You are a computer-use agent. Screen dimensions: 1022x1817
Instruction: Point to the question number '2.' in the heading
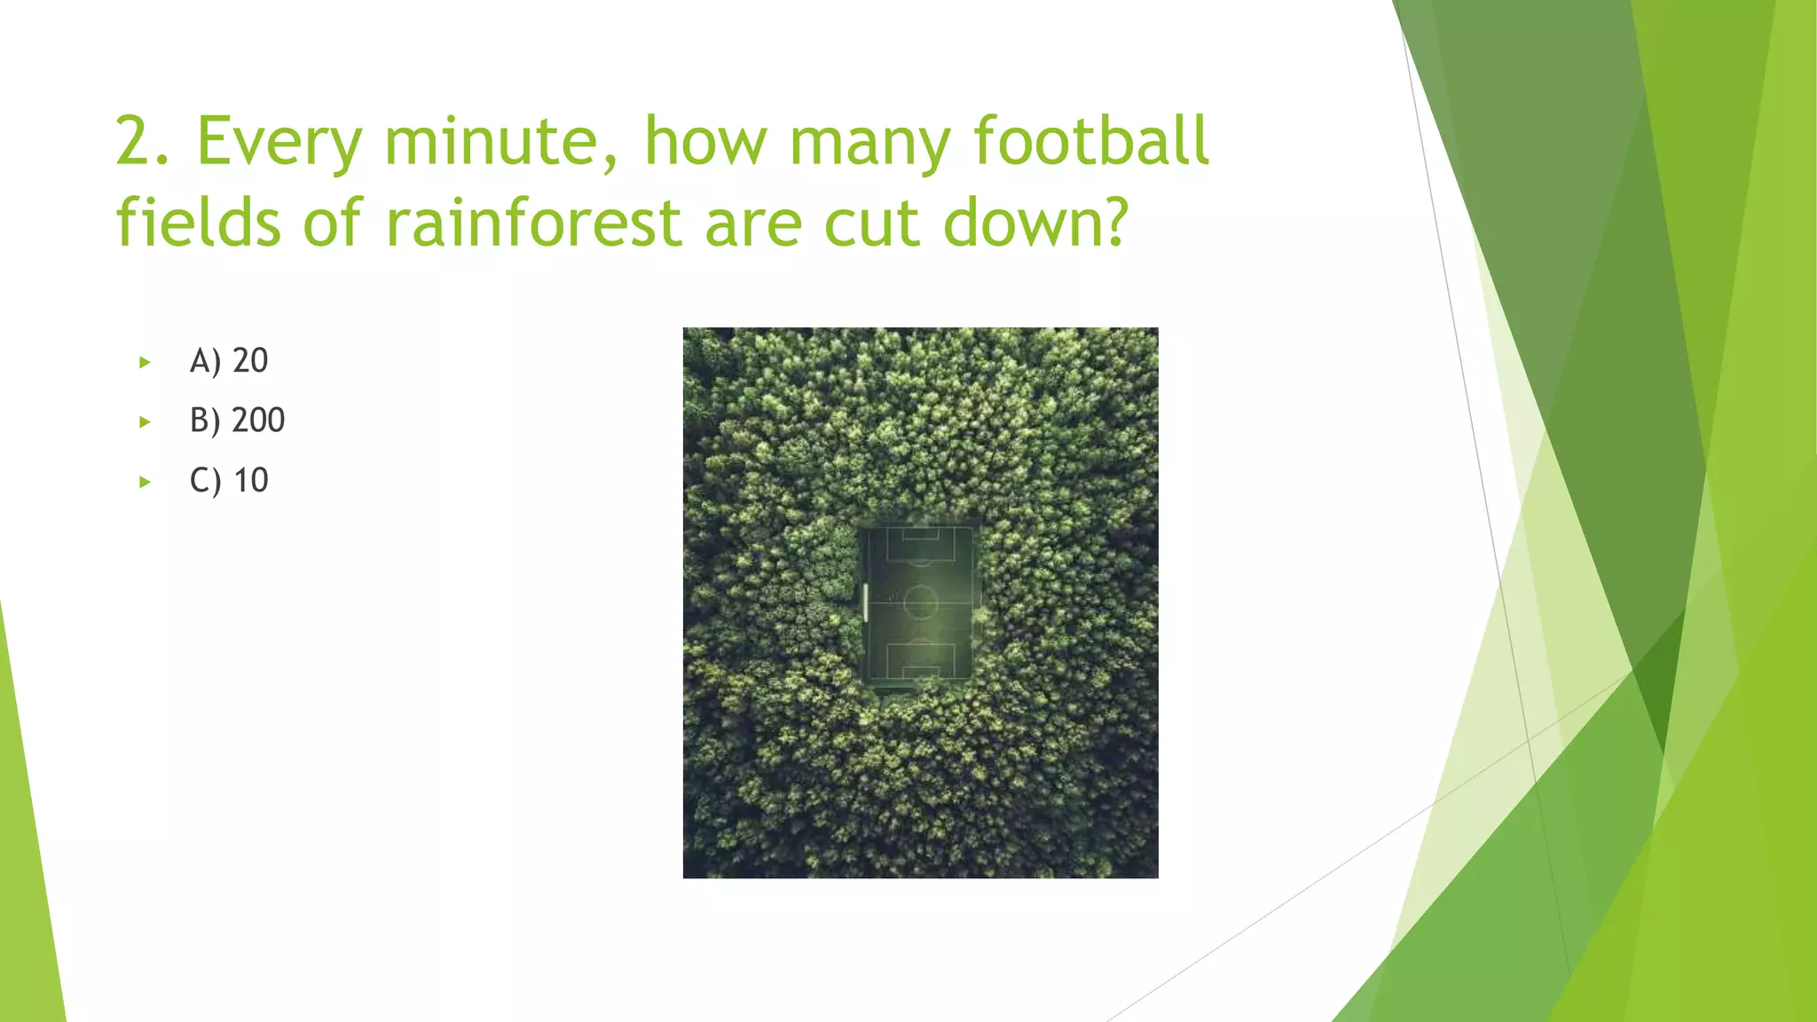click(x=142, y=142)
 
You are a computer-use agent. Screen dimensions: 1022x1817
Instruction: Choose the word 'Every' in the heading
click(x=279, y=142)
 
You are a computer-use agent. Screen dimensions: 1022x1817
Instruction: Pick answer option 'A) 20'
click(x=229, y=361)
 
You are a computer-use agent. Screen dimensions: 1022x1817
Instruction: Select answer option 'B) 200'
click(x=237, y=421)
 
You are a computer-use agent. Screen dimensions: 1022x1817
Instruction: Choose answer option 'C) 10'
click(x=229, y=481)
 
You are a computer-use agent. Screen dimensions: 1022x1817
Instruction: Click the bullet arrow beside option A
click(x=145, y=362)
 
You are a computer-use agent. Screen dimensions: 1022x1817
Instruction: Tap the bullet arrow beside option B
click(x=145, y=422)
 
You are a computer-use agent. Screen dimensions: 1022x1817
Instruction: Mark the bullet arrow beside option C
click(x=145, y=483)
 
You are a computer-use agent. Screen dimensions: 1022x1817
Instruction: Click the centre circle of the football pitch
click(x=920, y=603)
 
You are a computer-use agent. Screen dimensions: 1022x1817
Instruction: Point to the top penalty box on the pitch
click(x=921, y=544)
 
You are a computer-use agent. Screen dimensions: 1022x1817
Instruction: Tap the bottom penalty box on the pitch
click(x=920, y=660)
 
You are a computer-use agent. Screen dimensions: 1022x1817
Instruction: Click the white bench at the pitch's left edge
click(x=865, y=602)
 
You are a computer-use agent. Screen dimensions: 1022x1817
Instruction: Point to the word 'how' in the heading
click(x=705, y=142)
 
